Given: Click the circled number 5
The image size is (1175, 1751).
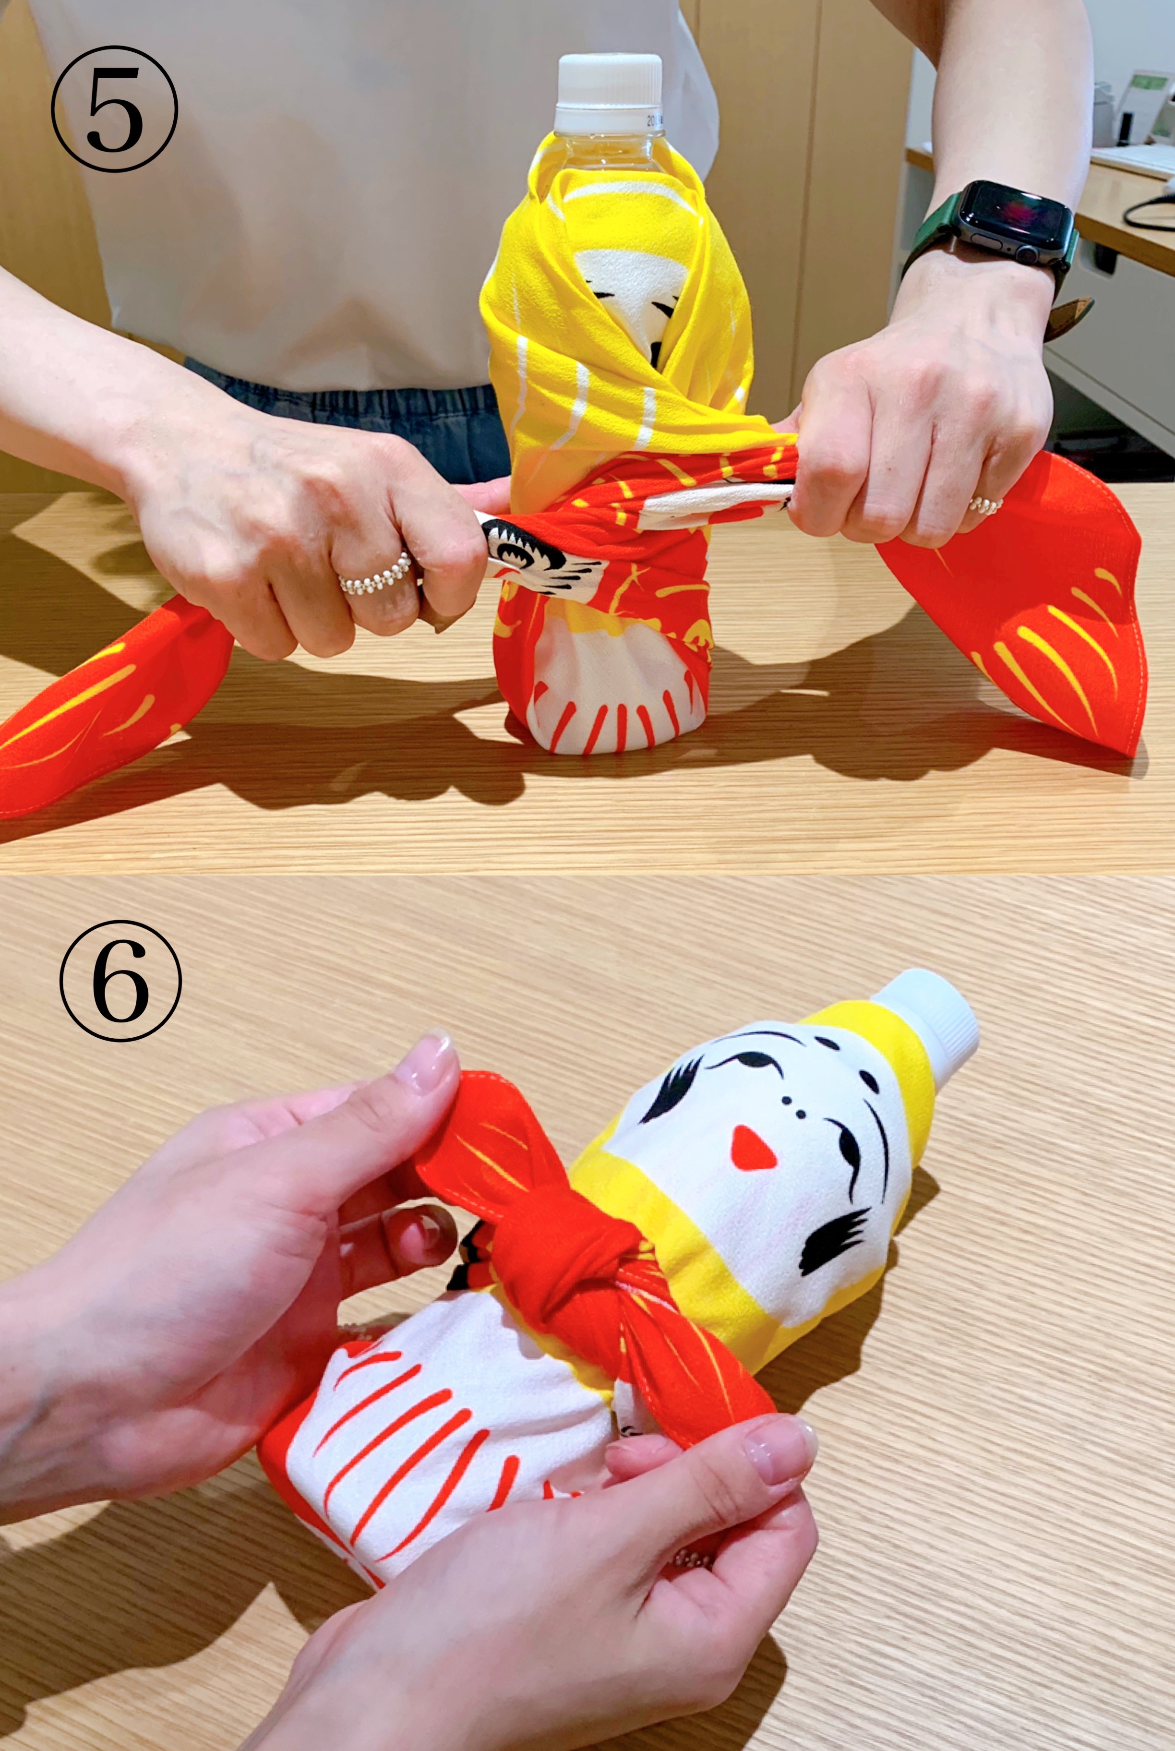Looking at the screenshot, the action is point(115,108).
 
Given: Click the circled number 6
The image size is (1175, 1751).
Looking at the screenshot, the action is point(120,980).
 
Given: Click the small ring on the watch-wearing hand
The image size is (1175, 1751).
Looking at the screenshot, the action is point(984,506).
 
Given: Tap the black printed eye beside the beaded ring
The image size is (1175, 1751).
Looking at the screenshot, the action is point(525,551).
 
